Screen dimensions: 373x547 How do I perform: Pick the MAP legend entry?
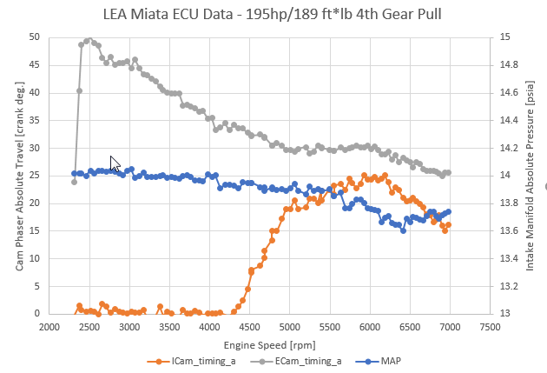[379, 359]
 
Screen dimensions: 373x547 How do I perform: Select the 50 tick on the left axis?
[33, 37]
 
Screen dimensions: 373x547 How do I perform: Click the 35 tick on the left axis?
[33, 120]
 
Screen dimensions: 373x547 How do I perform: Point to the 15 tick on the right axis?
[507, 37]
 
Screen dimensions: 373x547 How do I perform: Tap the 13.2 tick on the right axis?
[511, 286]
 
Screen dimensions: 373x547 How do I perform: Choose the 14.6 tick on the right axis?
[511, 92]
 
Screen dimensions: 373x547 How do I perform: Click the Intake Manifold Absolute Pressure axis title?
[529, 176]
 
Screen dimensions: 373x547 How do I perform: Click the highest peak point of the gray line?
[89, 39]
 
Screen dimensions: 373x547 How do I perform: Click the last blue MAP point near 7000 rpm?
[448, 211]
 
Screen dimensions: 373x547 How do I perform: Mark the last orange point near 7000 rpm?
[448, 225]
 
